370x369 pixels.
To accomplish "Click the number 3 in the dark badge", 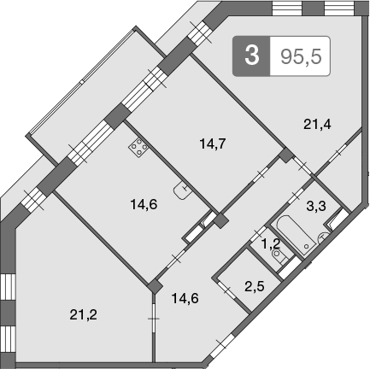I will coord(250,56).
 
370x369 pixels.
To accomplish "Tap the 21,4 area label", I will coord(317,123).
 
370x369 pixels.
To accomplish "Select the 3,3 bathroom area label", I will coord(315,205).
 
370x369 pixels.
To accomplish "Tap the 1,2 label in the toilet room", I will coord(270,243).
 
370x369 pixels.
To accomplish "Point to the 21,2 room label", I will coord(83,313).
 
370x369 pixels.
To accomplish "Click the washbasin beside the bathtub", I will coord(321,239).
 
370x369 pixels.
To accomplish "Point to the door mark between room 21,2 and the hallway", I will coord(154,321).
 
